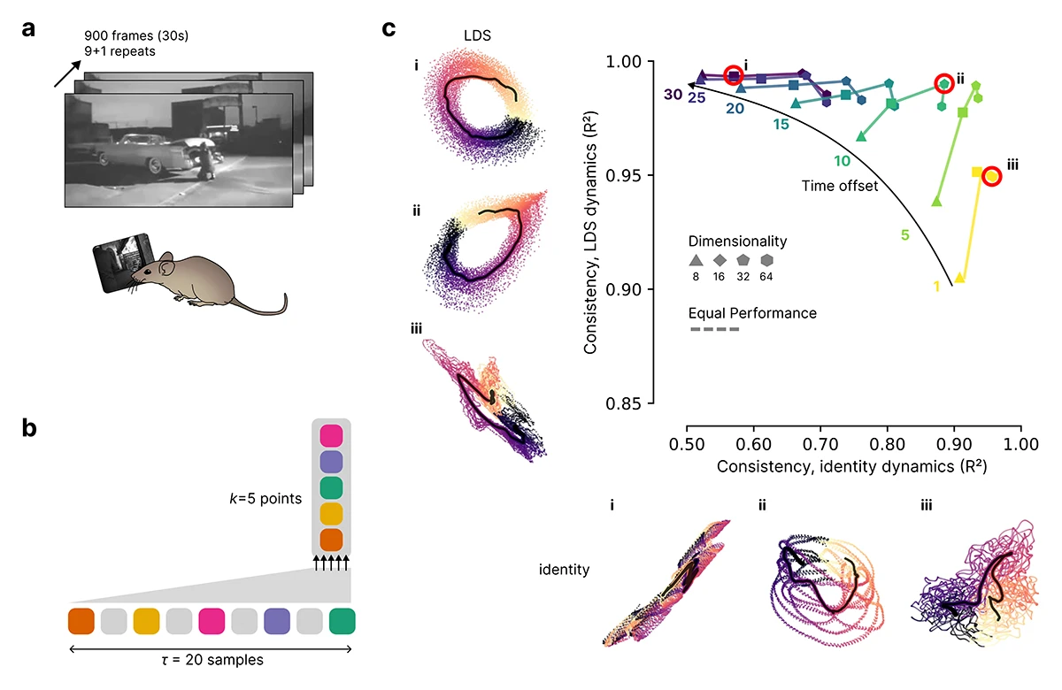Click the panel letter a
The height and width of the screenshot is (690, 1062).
coord(29,28)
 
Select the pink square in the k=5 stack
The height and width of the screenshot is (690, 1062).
coord(330,436)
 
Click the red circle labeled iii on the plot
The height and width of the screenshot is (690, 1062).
coord(991,176)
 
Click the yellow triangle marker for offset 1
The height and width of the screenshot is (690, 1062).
coord(959,278)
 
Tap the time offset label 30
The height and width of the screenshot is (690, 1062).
coord(673,95)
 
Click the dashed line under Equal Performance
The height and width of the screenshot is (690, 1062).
coord(713,330)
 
